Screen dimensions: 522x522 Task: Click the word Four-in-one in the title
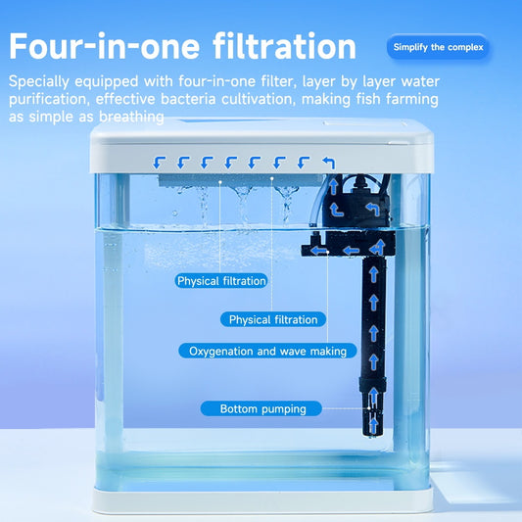(x=104, y=46)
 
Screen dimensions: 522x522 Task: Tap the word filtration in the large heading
(x=285, y=46)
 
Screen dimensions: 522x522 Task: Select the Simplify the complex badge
(x=438, y=47)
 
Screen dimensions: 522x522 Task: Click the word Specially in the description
(x=38, y=81)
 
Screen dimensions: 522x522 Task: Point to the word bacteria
(x=188, y=99)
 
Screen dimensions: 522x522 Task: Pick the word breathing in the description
(x=131, y=118)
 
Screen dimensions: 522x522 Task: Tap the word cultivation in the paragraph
(x=259, y=99)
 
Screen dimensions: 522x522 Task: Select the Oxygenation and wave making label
(x=267, y=352)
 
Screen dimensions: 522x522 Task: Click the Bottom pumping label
(x=261, y=408)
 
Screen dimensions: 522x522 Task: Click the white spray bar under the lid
(x=240, y=181)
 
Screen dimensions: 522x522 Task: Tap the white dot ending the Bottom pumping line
(x=369, y=408)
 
